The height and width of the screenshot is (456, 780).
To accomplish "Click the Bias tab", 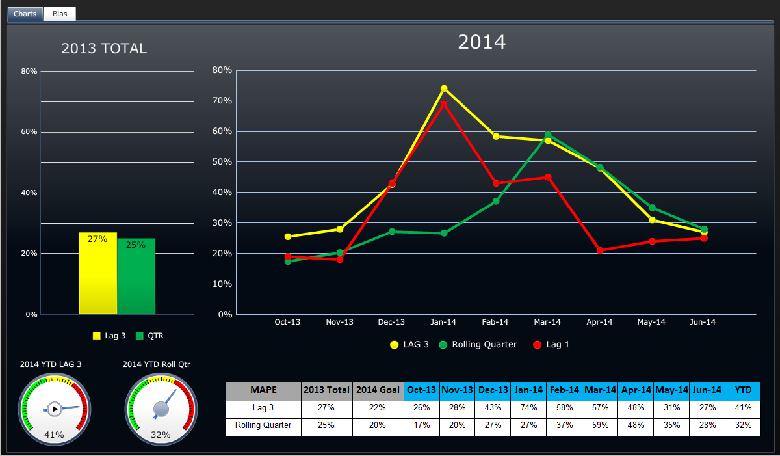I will pos(60,14).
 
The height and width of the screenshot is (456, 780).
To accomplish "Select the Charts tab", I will pos(25,14).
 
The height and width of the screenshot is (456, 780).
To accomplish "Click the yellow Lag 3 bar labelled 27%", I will pos(97,273).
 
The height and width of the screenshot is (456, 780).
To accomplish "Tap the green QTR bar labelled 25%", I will pos(136,276).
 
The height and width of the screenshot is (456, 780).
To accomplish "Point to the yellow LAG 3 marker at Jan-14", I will pos(444,88).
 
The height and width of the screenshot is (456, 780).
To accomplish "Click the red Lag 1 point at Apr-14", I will pos(600,250).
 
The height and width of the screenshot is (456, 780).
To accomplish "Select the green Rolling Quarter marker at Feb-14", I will pos(496,202).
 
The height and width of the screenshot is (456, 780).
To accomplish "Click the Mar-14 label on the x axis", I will pos(547,322).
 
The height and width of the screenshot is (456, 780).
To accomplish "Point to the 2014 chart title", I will pos(482,42).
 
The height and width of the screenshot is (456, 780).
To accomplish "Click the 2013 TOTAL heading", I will pos(104,49).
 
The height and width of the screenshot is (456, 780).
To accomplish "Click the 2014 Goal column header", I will pos(378,390).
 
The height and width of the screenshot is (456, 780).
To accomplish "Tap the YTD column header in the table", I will pos(742,390).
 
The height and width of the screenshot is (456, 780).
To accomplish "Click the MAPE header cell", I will pos(263,390).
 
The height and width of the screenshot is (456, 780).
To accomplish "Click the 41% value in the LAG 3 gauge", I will pos(53,435).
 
